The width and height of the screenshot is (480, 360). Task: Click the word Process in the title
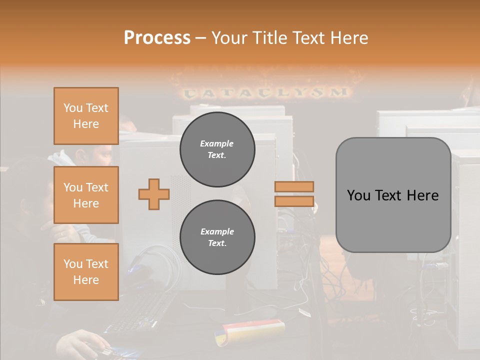click(x=157, y=38)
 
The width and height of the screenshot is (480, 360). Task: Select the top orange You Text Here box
click(x=86, y=116)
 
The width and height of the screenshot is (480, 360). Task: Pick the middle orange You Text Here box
click(x=86, y=195)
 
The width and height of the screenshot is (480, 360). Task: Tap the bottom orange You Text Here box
click(x=86, y=272)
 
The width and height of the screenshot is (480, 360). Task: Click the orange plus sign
click(x=154, y=194)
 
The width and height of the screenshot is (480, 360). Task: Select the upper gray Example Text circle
click(x=217, y=149)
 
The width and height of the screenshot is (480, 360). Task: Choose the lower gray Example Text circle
click(x=217, y=237)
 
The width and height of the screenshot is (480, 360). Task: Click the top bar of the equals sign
click(x=294, y=186)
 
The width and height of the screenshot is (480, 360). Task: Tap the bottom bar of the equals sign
click(x=294, y=201)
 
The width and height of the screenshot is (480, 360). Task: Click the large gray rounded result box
click(x=393, y=195)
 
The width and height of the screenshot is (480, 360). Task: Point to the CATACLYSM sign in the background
click(x=265, y=92)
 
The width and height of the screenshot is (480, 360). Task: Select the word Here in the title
click(x=348, y=38)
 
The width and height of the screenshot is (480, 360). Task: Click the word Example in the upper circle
click(x=217, y=143)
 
